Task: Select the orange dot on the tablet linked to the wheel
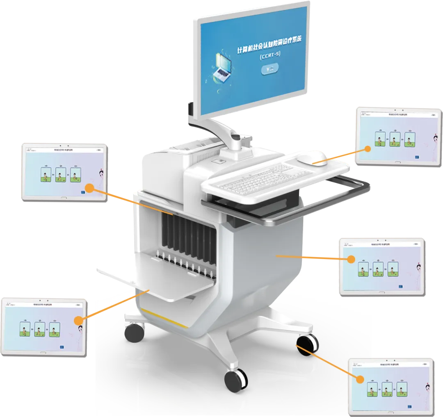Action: point(360,379)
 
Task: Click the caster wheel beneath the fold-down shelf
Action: point(135,333)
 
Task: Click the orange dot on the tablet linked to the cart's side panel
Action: point(351,259)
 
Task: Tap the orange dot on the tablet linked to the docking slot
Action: point(89,188)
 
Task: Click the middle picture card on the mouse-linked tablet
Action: point(395,139)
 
